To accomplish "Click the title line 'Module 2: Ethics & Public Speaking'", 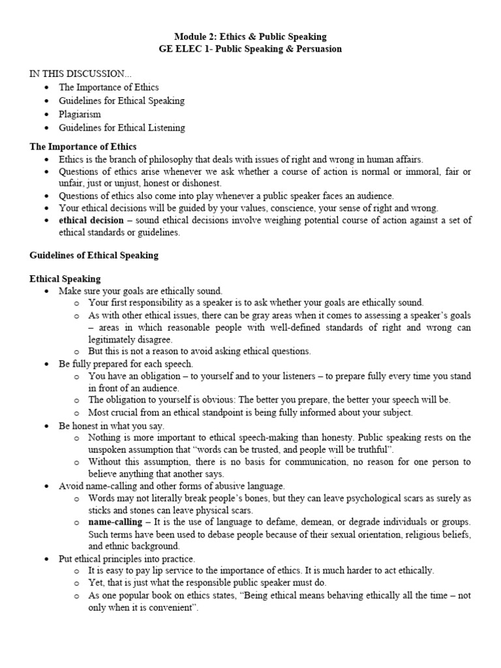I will pyautogui.click(x=250, y=37).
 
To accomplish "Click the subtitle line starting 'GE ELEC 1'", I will pyautogui.click(x=250, y=49).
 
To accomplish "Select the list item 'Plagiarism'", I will pyautogui.click(x=80, y=114).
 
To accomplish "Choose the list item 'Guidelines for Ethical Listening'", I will pyautogui.click(x=121, y=128).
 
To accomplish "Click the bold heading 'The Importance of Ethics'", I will pyautogui.click(x=83, y=146).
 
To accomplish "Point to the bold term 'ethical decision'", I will pyautogui.click(x=91, y=220).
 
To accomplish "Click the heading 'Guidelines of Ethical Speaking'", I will pyautogui.click(x=94, y=256).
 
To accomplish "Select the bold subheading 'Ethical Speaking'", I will pyautogui.click(x=65, y=279).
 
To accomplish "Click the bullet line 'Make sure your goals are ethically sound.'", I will pyautogui.click(x=140, y=291).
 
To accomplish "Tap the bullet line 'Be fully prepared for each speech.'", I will pyautogui.click(x=126, y=364).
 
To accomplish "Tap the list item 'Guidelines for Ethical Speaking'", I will pyautogui.click(x=121, y=100).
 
